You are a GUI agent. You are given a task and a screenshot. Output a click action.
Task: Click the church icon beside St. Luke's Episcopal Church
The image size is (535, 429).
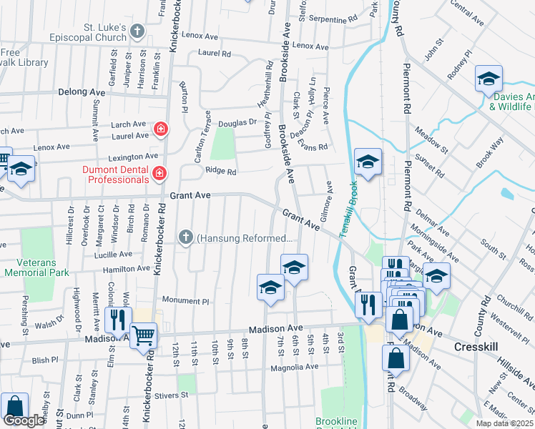pos(138,31)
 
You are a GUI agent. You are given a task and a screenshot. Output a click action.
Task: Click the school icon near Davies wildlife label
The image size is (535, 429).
pos(489,79)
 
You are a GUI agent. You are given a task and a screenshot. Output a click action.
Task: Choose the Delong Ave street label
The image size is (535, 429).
pos(82,92)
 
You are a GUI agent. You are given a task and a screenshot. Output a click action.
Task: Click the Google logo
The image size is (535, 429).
pos(24,420)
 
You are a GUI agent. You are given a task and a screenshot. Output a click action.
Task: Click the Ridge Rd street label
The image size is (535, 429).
pos(220,172)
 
